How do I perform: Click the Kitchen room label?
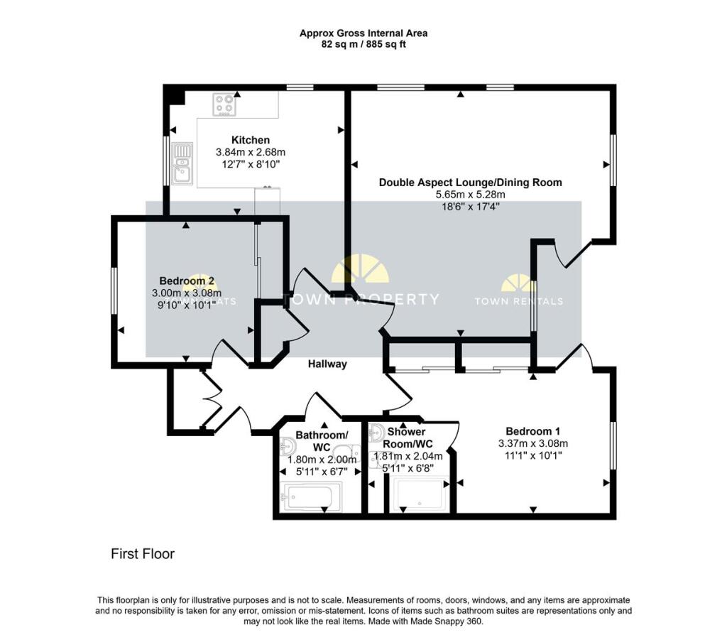[250, 140]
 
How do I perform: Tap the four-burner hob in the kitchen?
[224, 104]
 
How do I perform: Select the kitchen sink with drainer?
[182, 163]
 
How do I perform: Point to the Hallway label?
[327, 364]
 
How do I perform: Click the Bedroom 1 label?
[532, 431]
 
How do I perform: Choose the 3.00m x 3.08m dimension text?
[187, 293]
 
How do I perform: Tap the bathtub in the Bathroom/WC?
[311, 497]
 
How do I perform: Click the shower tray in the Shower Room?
[422, 495]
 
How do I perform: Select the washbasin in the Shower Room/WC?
[376, 433]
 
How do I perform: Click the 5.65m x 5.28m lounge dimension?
[470, 195]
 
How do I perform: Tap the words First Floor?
[143, 554]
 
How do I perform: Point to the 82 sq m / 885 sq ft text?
[363, 44]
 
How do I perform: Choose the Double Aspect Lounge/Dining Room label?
[470, 183]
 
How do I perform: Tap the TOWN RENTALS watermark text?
[518, 301]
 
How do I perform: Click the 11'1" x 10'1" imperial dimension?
[532, 456]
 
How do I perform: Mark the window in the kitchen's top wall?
[300, 87]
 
